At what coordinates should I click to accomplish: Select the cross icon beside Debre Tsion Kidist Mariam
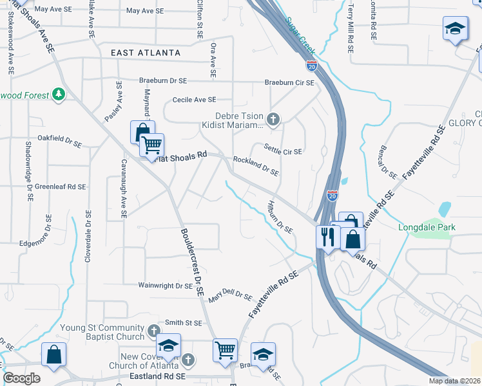click(x=273, y=119)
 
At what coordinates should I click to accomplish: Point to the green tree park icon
click(x=59, y=95)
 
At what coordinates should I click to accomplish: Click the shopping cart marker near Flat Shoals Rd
click(x=152, y=145)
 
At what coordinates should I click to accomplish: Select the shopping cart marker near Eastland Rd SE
click(x=225, y=351)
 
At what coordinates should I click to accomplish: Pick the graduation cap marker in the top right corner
click(x=455, y=29)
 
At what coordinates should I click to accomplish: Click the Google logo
click(x=21, y=378)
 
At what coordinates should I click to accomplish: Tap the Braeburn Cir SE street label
click(x=289, y=83)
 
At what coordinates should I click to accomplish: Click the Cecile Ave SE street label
click(x=193, y=100)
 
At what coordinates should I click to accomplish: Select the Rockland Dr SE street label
click(x=256, y=166)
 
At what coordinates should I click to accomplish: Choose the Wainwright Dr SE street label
click(x=166, y=285)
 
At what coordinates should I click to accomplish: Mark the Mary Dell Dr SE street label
click(x=229, y=295)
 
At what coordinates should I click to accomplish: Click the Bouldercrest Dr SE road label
click(x=192, y=262)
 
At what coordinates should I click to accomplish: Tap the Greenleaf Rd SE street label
click(x=61, y=187)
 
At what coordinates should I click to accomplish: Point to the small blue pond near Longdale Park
click(x=445, y=209)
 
